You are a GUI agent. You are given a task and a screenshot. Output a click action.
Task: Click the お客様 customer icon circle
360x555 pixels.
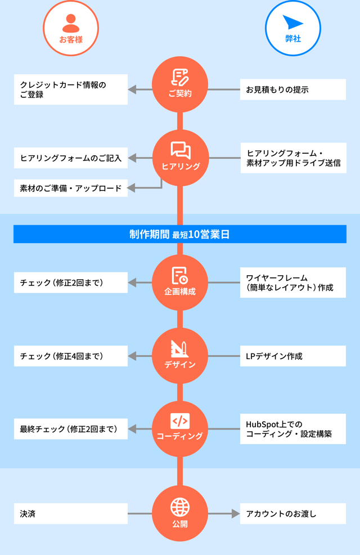point(71,28)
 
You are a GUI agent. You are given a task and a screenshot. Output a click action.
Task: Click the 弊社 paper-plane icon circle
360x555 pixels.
point(292,28)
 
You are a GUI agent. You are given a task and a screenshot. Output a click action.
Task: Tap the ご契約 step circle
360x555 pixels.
point(180,84)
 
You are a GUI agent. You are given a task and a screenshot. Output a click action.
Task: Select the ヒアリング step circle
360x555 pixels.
point(180,158)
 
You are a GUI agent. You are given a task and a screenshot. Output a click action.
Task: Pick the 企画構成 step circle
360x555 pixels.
point(180,283)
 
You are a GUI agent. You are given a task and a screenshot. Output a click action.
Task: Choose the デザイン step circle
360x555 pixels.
point(180,356)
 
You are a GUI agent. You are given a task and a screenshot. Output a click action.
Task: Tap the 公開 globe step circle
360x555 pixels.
point(180,513)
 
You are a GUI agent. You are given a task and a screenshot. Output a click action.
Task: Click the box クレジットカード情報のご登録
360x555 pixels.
point(71,89)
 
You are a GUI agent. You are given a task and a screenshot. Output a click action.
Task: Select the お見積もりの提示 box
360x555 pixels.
point(292,89)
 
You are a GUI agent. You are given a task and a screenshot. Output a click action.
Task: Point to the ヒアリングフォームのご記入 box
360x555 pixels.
point(71,158)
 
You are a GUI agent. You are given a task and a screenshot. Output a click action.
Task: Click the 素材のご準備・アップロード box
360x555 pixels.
point(71,188)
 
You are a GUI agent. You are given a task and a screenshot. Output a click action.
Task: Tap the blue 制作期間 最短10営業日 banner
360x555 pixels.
point(180,234)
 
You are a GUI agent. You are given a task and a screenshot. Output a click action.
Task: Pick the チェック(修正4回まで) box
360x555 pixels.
point(71,356)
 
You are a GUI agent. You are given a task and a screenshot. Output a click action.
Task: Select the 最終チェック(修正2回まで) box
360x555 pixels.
point(71,429)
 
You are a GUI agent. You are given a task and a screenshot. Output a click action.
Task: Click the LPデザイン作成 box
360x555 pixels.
point(292,356)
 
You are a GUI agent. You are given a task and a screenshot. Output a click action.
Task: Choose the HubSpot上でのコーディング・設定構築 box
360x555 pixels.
point(292,429)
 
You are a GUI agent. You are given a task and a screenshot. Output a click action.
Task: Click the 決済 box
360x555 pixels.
point(71,513)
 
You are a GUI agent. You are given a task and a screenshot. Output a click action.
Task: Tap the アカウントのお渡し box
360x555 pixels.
point(292,513)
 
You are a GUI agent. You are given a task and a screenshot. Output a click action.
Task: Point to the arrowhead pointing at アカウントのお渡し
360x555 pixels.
point(236,513)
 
